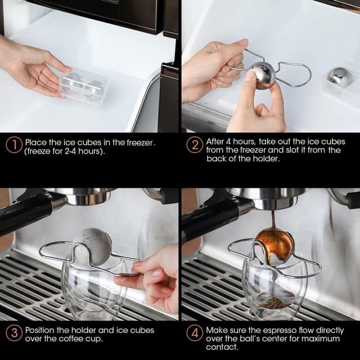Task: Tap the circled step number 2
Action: click(x=195, y=145)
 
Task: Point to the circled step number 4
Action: click(x=195, y=332)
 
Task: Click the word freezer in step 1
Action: click(x=137, y=142)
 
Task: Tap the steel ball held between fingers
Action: click(x=262, y=75)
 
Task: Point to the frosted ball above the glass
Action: click(x=91, y=246)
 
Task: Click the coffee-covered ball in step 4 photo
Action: click(x=273, y=246)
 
